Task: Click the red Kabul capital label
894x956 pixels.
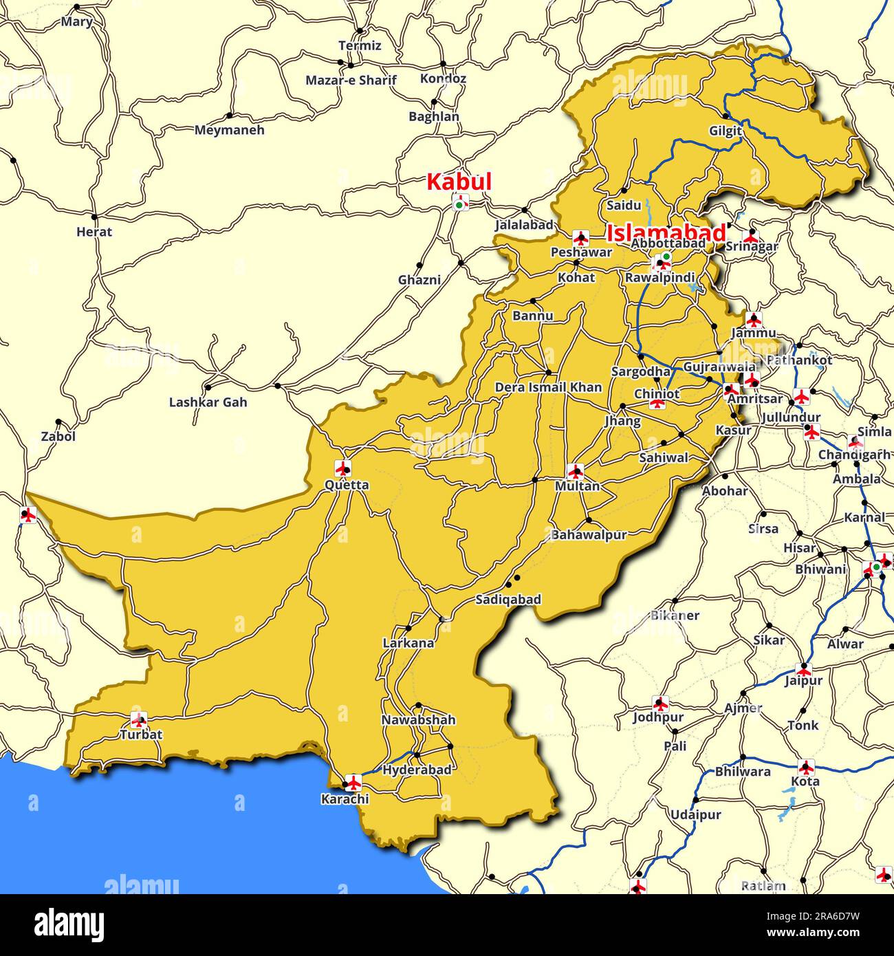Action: [459, 182]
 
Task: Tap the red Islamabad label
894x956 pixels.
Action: [665, 233]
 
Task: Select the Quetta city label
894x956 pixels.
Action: [347, 485]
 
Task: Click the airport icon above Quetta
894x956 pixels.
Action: [342, 468]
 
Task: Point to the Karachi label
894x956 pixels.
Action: [345, 799]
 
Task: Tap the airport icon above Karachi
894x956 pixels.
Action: [353, 782]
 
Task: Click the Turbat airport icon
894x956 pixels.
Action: [139, 720]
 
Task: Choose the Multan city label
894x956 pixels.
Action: [577, 486]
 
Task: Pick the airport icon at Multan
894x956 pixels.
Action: [576, 471]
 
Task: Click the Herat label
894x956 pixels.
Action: [94, 232]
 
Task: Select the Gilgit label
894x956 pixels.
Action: [726, 131]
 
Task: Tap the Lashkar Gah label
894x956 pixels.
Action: [208, 402]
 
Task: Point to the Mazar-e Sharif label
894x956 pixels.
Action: [351, 80]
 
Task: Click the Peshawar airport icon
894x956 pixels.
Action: [581, 238]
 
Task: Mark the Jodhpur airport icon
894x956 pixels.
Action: [660, 703]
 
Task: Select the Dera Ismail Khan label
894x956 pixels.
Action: [548, 387]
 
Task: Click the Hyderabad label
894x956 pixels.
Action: [417, 770]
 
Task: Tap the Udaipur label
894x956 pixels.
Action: [696, 815]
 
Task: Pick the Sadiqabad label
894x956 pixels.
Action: [508, 600]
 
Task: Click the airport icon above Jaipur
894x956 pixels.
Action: [803, 669]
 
